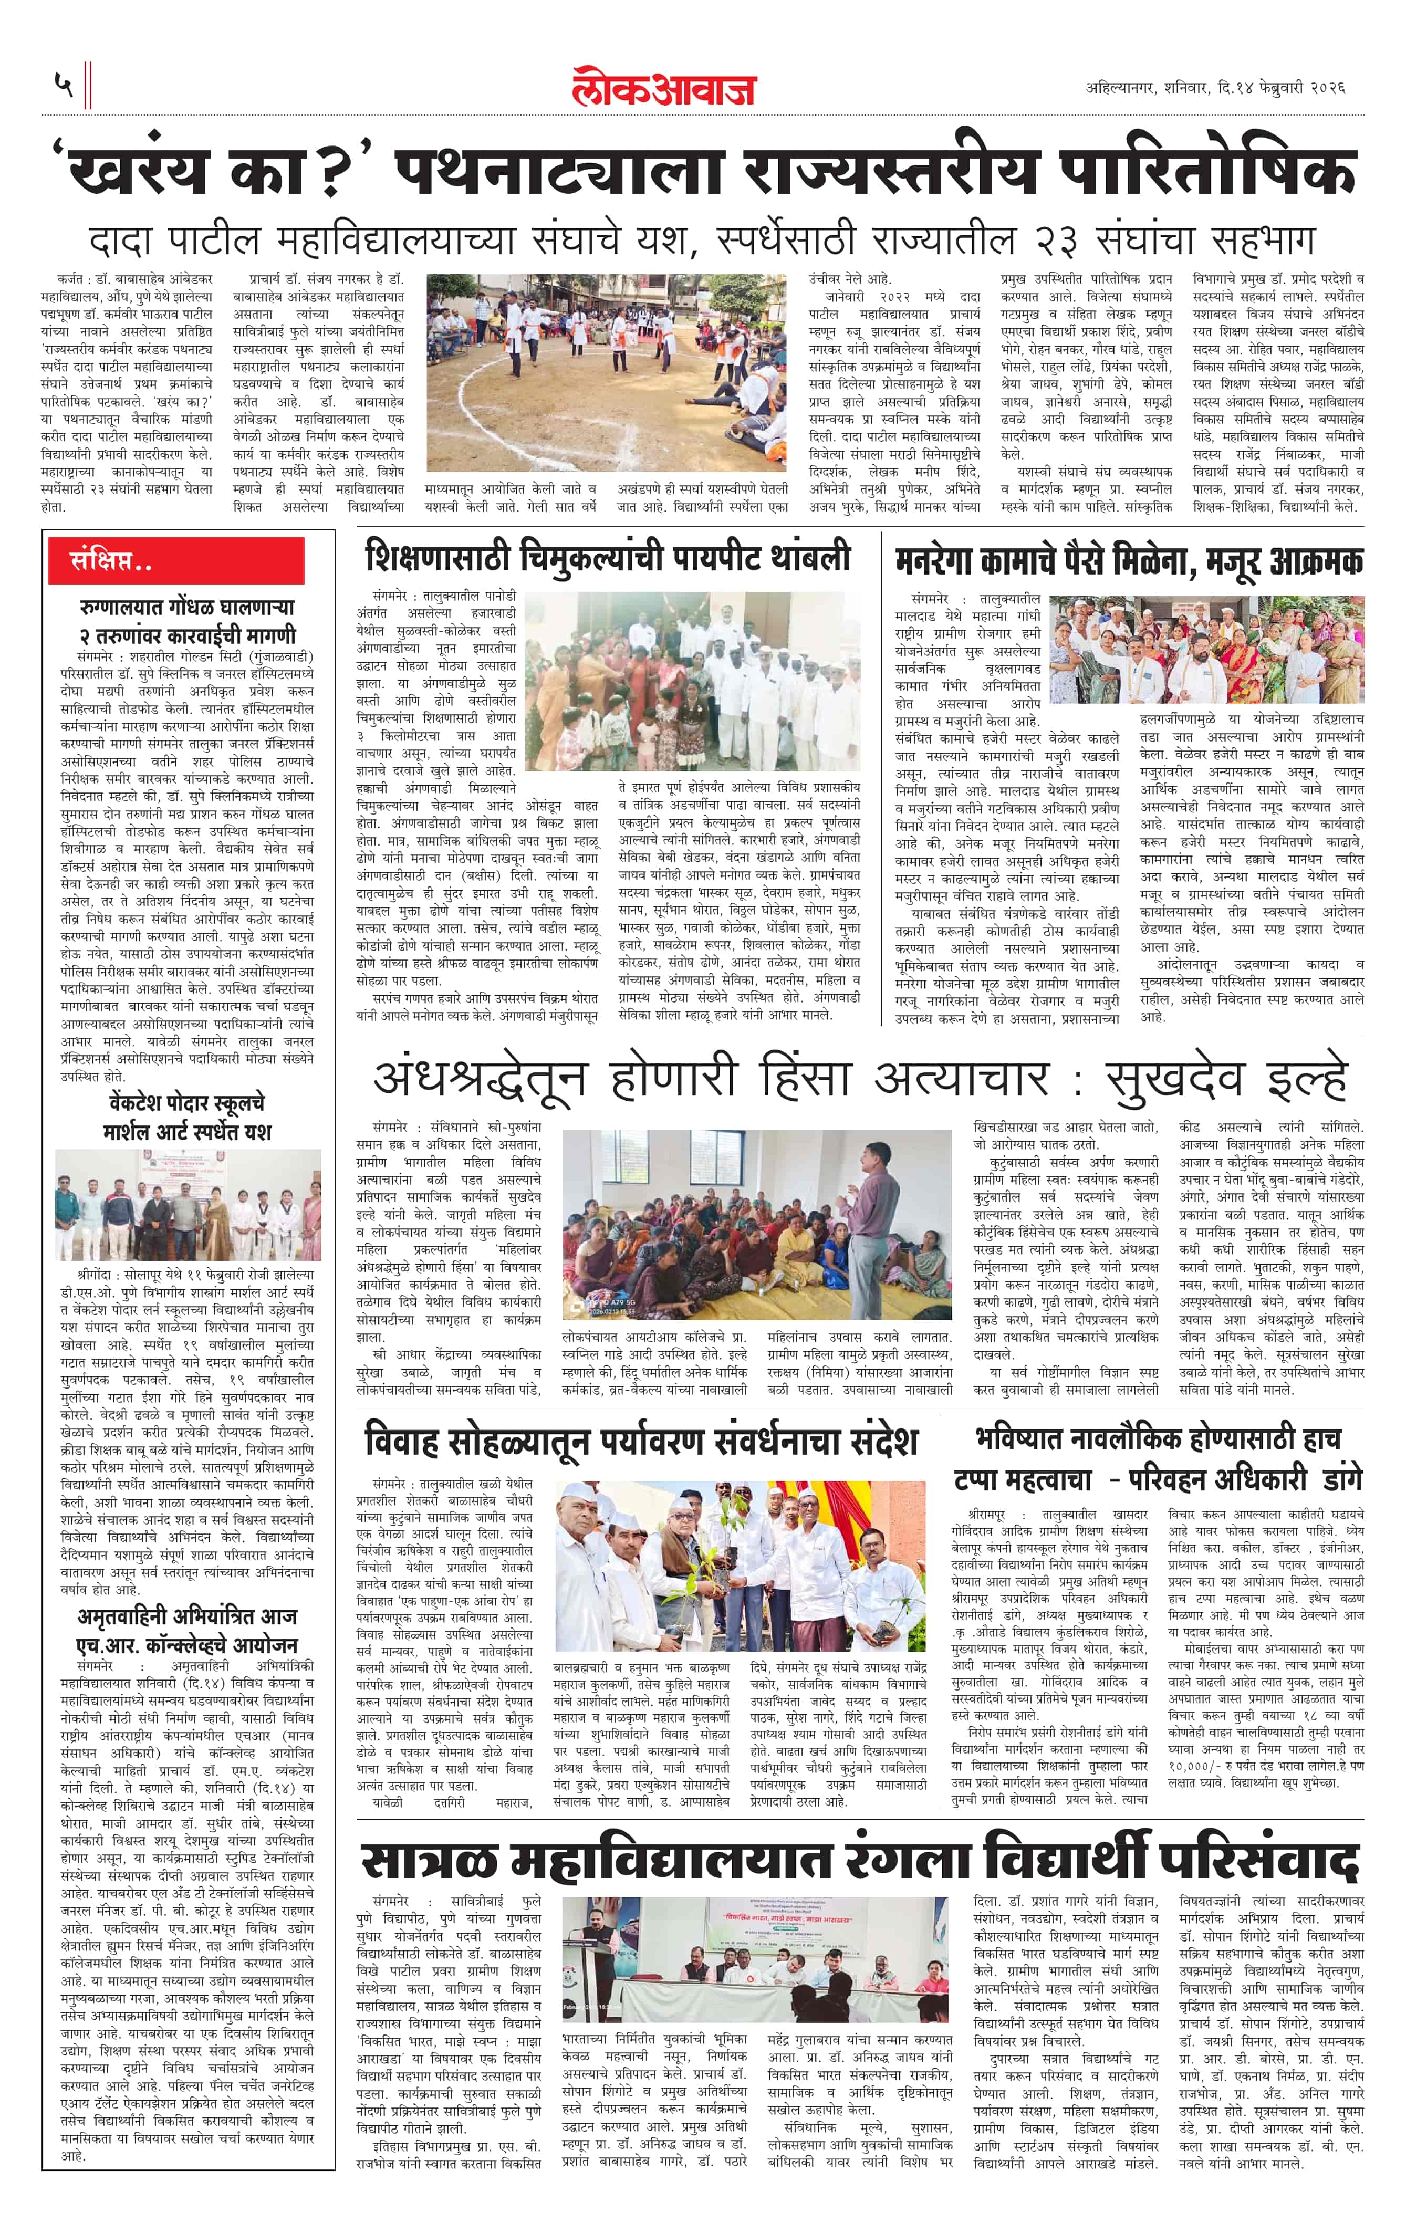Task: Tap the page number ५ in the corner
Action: coord(63,86)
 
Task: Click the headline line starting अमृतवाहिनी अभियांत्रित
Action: coord(188,1616)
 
